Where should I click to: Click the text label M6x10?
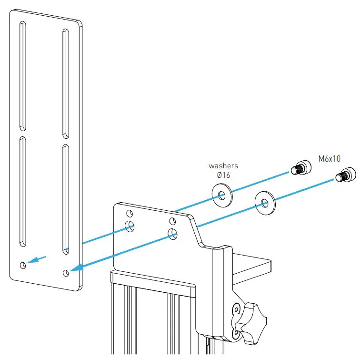coord(330,159)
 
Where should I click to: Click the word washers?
coord(223,166)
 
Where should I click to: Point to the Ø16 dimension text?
coord(223,175)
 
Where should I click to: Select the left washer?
coord(222,195)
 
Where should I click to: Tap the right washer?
coord(264,202)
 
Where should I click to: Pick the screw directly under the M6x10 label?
coord(345,175)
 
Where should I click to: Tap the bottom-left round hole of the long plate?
coord(23,265)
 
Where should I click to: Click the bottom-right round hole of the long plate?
coord(66,273)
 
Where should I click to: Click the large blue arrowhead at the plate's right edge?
coord(76,268)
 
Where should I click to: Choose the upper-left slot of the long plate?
coord(22,76)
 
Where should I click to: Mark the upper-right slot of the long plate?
coord(66,84)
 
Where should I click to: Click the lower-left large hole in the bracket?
coord(130,226)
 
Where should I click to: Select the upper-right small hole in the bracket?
coord(172,221)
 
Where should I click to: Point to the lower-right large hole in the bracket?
coord(173,233)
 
